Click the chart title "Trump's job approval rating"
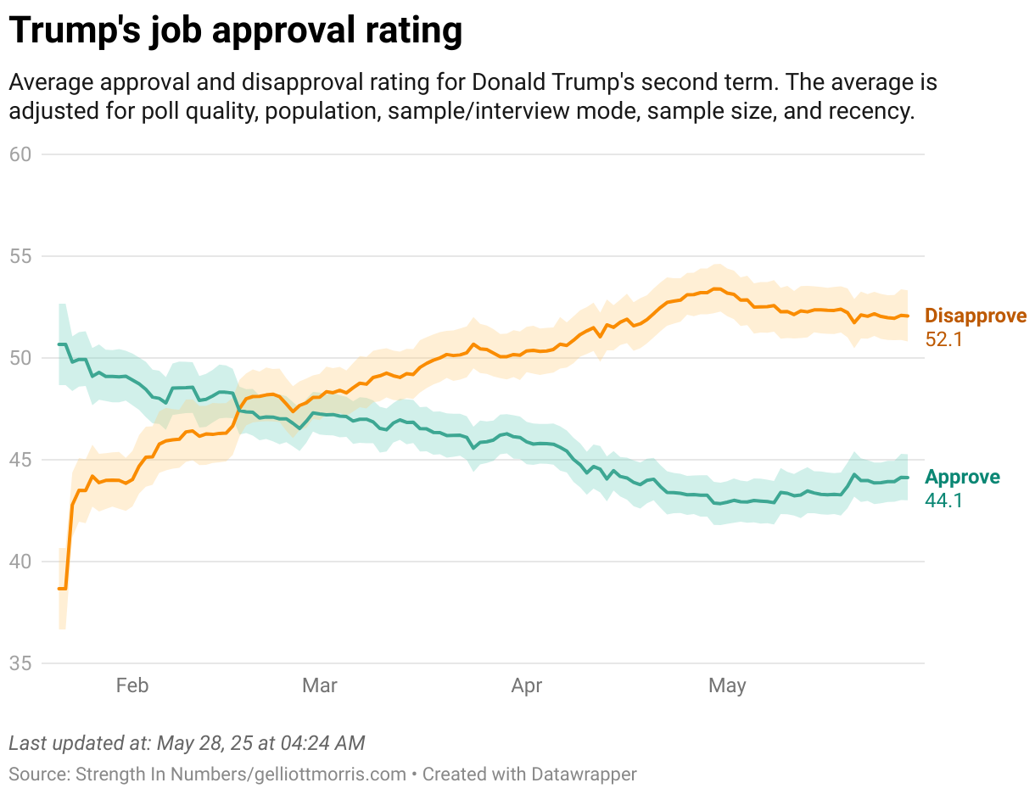[236, 31]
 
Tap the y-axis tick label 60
[20, 154]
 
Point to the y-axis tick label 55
[20, 256]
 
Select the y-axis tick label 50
[20, 358]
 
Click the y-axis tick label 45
[20, 460]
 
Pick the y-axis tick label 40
[20, 562]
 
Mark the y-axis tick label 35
[20, 663]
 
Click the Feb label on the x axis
[131, 685]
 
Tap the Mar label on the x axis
[320, 685]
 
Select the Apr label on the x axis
[527, 685]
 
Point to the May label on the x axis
[727, 685]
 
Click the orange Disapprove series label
[976, 316]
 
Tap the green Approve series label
[962, 477]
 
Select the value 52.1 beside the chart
[944, 339]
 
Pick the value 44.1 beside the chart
[943, 500]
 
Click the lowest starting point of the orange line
[61, 588]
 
